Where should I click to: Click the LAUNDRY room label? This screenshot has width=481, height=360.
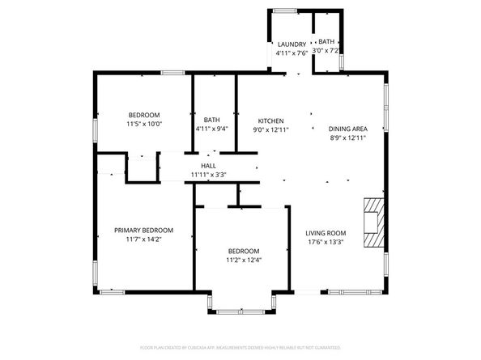coord(292,44)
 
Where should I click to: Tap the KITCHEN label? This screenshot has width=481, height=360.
coord(270,119)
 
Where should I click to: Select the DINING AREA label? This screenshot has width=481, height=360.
coord(347,129)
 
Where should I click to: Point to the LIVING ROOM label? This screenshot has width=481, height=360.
coord(326,233)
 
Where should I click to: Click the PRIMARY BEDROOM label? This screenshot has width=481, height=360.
coord(143,230)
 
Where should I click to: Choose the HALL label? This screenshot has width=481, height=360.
coord(208,165)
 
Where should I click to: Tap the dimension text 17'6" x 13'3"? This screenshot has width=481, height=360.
coord(326,242)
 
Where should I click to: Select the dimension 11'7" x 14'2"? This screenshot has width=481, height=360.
coord(143,239)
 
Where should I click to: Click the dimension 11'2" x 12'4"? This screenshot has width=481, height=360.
coord(243,260)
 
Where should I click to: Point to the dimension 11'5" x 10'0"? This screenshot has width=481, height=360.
coord(144,124)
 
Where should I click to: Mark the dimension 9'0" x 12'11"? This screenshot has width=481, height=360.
coord(270,129)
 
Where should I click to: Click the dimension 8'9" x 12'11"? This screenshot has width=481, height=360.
coord(347,138)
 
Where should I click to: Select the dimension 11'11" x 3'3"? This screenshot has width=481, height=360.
coord(208,174)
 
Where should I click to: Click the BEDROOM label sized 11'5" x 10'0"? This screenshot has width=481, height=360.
coord(144,114)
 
